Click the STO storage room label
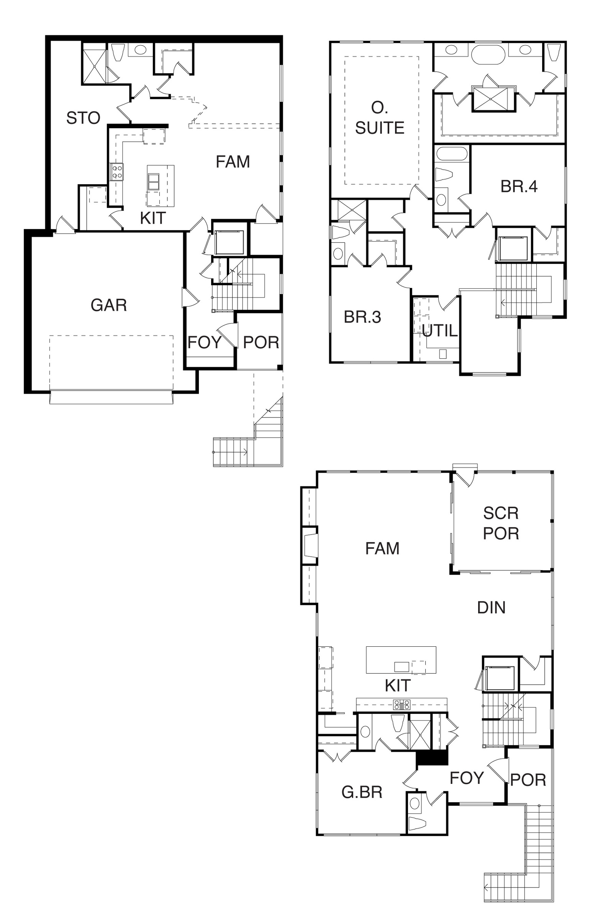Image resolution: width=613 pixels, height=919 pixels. (83, 118)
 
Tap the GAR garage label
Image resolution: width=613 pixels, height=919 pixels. (109, 305)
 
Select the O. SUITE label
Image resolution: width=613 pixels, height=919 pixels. (380, 118)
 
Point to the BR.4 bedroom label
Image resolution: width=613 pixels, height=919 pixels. (519, 186)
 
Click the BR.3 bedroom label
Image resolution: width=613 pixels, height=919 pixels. (362, 317)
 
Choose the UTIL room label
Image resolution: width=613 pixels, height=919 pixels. (440, 331)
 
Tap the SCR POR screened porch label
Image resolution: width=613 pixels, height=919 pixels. (501, 523)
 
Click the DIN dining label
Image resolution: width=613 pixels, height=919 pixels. (492, 608)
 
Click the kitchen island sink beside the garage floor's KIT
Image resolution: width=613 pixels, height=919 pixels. (154, 182)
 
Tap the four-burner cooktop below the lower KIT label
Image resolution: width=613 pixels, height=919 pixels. (402, 705)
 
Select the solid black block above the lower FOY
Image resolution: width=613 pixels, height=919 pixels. (432, 759)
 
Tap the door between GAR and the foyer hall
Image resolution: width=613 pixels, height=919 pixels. (190, 298)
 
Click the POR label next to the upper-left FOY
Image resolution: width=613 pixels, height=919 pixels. (261, 343)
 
